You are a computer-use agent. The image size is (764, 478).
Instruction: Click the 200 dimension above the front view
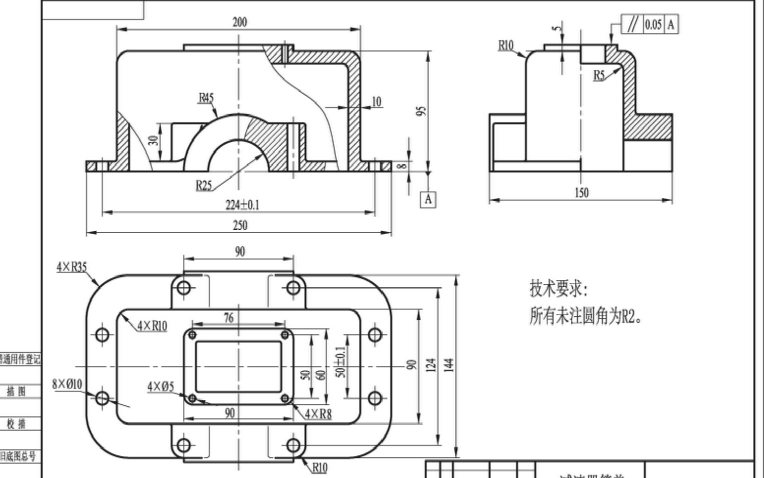pos(239,22)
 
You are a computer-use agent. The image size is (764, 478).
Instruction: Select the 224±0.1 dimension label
pos(242,205)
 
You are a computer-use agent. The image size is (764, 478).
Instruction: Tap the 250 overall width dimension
pos(240,226)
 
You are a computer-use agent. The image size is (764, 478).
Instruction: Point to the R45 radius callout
pos(206,98)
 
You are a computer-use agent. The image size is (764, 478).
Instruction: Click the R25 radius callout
pos(203,186)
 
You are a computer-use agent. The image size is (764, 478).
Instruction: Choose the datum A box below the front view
pos(428,199)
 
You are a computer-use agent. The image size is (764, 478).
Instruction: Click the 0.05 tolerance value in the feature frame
pos(653,24)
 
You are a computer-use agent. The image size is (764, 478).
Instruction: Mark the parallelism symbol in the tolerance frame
pos(633,24)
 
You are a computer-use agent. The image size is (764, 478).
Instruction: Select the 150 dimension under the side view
pos(581,193)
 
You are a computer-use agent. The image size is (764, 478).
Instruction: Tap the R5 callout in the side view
pos(599,75)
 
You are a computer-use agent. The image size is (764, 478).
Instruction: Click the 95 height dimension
pos(421,111)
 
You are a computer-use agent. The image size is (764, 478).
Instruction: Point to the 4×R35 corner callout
pos(71,267)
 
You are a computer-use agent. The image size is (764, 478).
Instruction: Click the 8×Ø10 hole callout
pos(67,384)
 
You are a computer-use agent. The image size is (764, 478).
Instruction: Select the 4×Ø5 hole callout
pos(160,386)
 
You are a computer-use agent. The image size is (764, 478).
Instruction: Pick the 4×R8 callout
pos(318,414)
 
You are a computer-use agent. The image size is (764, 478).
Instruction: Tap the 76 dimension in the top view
pos(228,318)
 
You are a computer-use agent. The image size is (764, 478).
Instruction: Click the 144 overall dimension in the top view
pos(448,365)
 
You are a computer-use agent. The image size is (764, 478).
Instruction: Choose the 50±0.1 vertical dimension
pos(340,362)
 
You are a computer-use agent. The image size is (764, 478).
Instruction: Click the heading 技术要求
pos(558,289)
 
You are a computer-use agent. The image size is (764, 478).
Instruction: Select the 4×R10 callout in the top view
pos(152,326)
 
